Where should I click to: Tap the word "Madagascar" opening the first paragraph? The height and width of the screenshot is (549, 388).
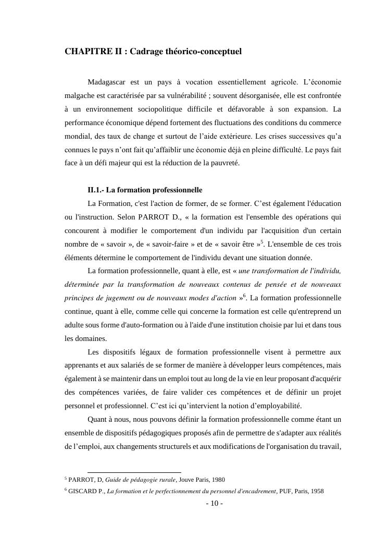107,82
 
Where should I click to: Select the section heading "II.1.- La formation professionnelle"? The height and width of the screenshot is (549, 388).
145,190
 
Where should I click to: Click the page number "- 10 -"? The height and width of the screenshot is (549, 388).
215,504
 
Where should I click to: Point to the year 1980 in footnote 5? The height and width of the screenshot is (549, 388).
218,480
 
